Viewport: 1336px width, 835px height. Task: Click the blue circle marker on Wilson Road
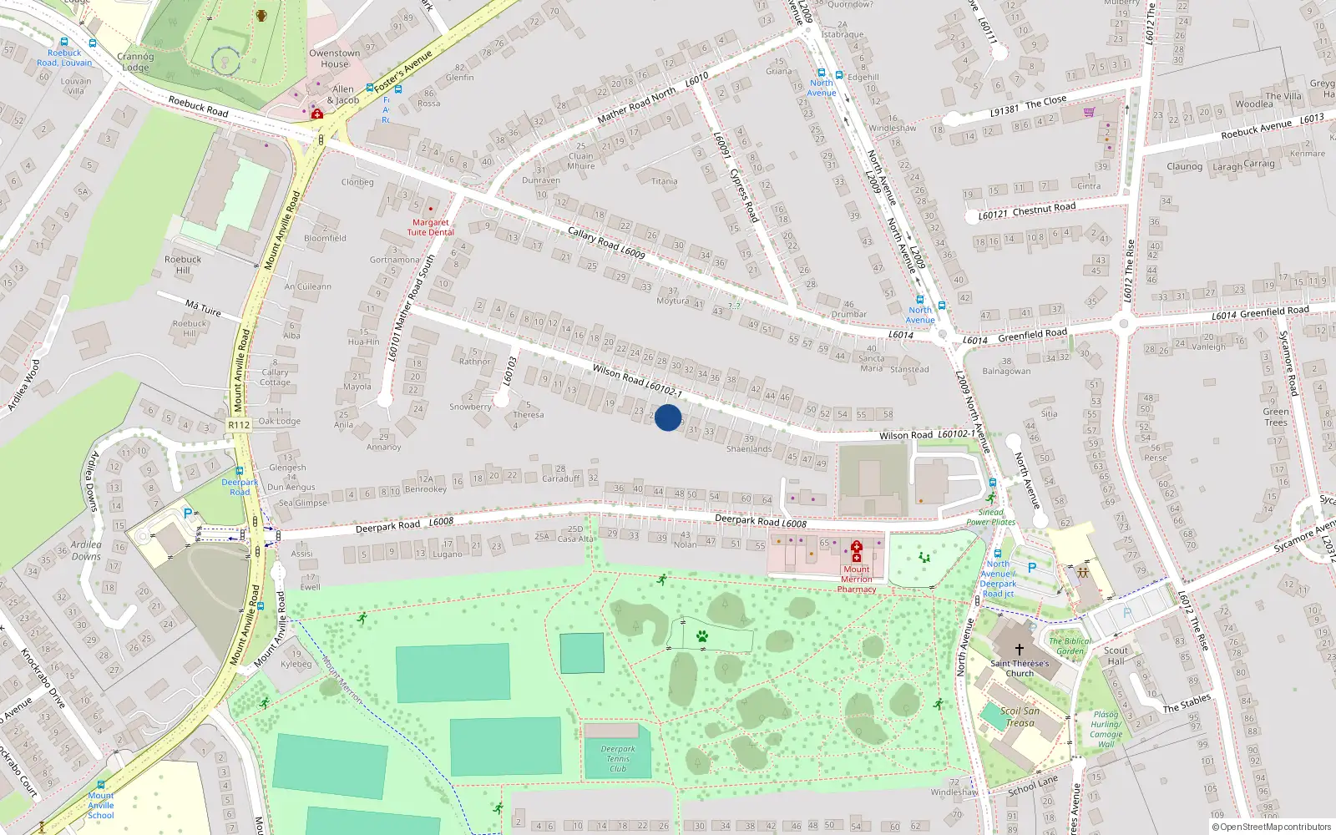pos(668,417)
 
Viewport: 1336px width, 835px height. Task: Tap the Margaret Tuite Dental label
pos(430,227)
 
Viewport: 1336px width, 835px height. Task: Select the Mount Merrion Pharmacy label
pos(857,579)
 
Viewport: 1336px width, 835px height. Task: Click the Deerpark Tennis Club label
pos(618,758)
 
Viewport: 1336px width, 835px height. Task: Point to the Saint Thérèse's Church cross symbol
pos(1019,649)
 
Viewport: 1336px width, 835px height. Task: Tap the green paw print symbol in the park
pos(702,636)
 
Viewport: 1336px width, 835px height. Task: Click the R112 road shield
pos(239,425)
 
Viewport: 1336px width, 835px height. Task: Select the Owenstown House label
pos(334,58)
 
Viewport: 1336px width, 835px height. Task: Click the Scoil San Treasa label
pos(1020,716)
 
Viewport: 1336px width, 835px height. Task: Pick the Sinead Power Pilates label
pos(991,517)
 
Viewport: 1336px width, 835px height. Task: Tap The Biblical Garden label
pos(1070,646)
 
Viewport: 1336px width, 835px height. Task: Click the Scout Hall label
pos(1116,655)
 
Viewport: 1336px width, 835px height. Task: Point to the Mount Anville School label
pos(101,805)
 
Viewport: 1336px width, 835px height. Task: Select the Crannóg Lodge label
pos(134,62)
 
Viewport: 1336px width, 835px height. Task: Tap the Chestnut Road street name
pos(1044,209)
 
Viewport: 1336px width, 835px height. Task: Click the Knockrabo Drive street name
pos(43,677)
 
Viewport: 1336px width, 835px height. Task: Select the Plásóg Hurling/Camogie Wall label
pos(1106,729)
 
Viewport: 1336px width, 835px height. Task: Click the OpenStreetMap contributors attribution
pos(1271,827)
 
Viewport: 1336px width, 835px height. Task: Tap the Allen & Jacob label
pos(343,94)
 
